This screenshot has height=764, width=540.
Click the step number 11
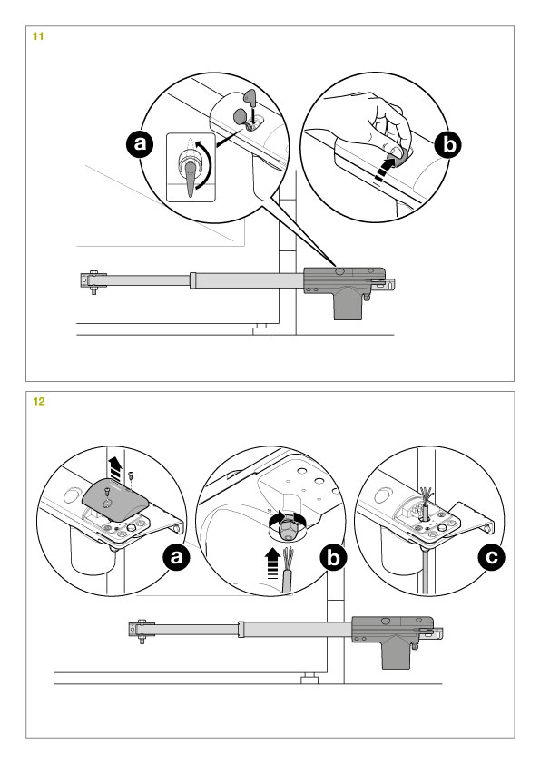point(38,36)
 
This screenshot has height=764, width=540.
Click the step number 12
point(38,401)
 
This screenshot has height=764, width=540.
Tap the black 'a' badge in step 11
point(140,144)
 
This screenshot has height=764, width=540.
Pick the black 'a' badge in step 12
point(176,556)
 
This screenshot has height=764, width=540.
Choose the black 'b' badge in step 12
point(333,557)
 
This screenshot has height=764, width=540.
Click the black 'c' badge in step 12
point(492,556)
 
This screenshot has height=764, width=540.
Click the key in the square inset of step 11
point(190,178)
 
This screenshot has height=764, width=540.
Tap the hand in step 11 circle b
point(375,122)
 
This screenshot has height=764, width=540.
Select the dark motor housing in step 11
point(345,290)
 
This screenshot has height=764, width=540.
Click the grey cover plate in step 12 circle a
point(114,498)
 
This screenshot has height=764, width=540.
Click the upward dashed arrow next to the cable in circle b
point(274,563)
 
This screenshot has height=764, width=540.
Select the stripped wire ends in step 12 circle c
point(427,495)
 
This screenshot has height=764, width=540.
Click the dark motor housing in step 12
point(393,641)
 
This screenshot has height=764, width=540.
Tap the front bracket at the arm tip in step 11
point(93,281)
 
